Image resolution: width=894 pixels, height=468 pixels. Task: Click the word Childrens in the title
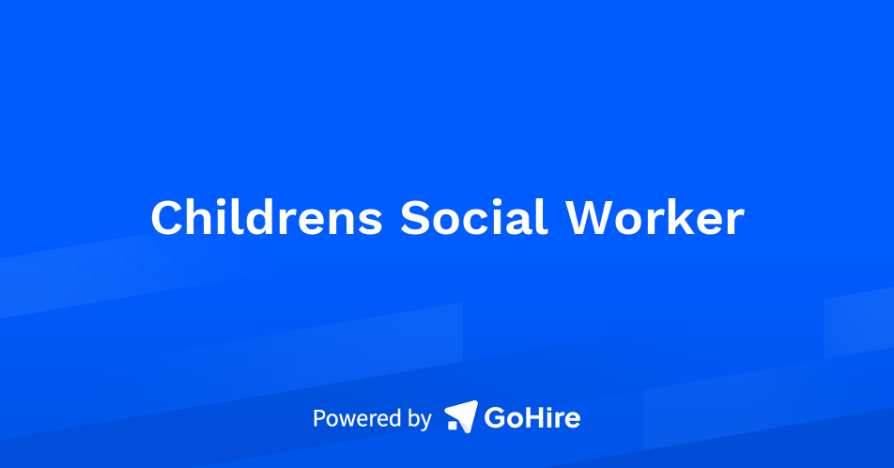[267, 217]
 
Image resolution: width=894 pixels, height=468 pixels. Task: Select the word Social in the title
[474, 217]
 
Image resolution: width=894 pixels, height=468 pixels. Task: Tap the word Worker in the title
[655, 217]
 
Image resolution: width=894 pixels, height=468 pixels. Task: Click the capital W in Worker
[591, 217]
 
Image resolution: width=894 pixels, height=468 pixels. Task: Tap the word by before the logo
[420, 420]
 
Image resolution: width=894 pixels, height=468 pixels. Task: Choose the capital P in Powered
[319, 418]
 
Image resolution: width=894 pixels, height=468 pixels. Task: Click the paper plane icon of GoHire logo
[462, 415]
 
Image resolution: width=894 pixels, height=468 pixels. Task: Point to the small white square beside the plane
[453, 425]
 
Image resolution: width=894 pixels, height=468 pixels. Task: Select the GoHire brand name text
[532, 418]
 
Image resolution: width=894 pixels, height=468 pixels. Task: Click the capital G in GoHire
[494, 418]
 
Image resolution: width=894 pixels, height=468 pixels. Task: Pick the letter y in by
[426, 423]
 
